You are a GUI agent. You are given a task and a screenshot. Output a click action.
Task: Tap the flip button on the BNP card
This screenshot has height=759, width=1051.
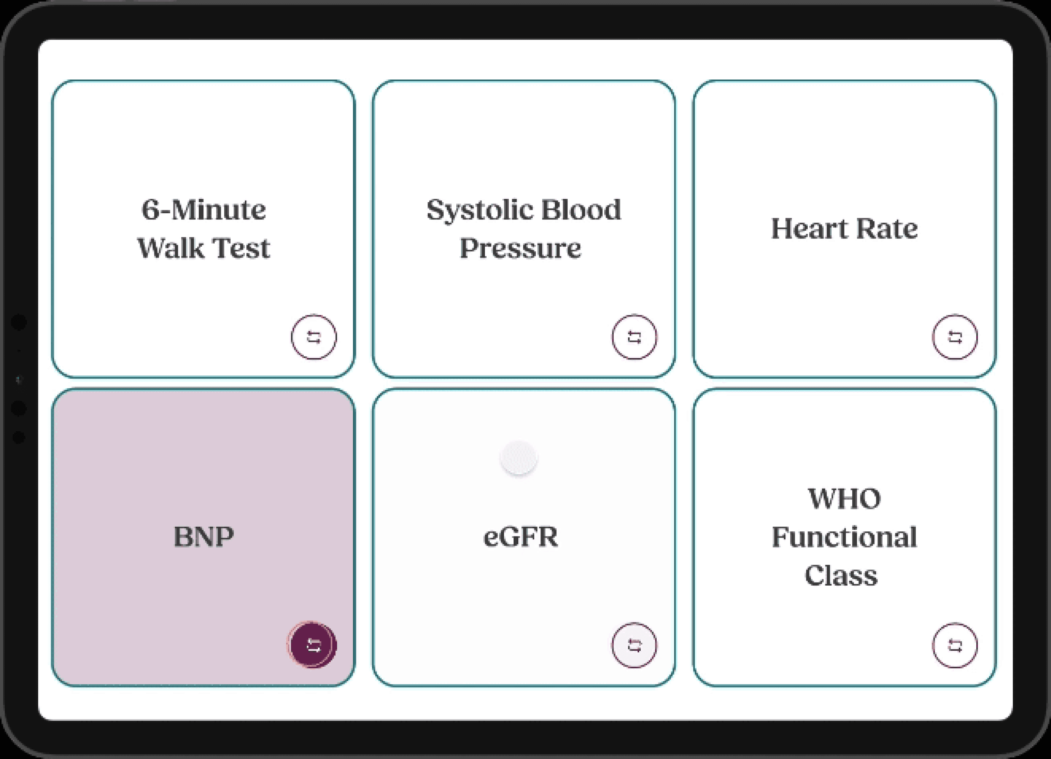pos(313,645)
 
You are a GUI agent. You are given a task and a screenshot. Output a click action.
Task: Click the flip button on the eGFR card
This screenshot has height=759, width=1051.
pos(634,645)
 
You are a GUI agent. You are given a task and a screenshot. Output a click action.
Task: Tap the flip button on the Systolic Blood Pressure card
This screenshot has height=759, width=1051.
pos(634,337)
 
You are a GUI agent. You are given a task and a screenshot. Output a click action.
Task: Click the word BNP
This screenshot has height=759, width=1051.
pos(203,537)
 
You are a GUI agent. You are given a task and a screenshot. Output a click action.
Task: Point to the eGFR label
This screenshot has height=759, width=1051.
pos(520,537)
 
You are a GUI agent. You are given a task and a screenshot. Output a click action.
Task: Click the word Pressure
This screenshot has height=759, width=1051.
pos(520,248)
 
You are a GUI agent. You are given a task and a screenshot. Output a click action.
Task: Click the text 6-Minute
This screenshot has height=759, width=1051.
pos(203,210)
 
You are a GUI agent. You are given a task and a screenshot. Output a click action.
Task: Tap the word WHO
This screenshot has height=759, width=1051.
pos(844,499)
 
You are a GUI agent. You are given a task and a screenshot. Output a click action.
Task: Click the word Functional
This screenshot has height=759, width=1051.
pos(844,537)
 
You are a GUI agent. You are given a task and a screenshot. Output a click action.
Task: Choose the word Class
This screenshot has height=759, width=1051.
pos(841,575)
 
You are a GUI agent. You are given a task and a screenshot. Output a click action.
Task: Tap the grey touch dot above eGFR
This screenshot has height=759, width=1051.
pos(519,458)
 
